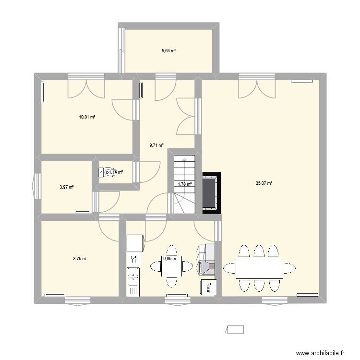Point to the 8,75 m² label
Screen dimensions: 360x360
click(80, 259)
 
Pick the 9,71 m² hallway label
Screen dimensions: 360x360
click(156, 145)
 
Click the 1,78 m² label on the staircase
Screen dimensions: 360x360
click(185, 183)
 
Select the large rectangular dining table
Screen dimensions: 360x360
click(259, 267)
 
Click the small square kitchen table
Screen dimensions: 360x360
click(171, 267)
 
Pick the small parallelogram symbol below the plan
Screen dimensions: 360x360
click(235, 329)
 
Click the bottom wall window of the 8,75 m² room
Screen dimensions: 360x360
click(78, 300)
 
